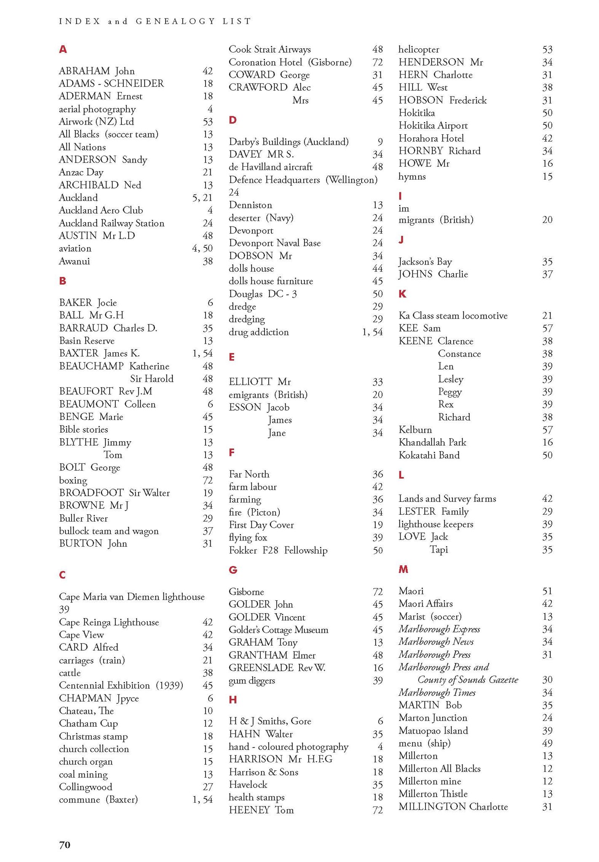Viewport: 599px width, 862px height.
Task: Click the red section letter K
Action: coord(402,294)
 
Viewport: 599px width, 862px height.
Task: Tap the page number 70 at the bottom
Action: coord(64,845)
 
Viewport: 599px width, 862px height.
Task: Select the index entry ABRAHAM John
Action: coord(96,71)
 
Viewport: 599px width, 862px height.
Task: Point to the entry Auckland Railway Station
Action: coord(111,223)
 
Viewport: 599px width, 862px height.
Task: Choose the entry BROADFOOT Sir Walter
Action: coord(114,493)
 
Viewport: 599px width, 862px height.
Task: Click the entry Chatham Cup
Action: coord(88,724)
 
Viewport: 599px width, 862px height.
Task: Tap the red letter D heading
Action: coord(233,120)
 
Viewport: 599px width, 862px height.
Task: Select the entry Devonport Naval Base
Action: coord(275,243)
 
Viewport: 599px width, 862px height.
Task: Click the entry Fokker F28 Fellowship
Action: coord(278,551)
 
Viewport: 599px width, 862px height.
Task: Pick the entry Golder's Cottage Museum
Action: coord(278,630)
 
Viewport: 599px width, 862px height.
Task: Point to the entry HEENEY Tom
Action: coord(261,810)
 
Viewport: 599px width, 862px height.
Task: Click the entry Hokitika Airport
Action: coord(433,125)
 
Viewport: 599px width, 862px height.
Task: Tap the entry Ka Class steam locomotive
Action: coord(453,316)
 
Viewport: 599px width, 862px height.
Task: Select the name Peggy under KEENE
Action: coord(450,392)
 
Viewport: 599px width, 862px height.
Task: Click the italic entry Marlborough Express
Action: coord(439,629)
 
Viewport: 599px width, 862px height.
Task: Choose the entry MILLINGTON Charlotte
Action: coord(453,807)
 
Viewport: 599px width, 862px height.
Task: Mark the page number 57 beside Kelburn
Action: coord(547,430)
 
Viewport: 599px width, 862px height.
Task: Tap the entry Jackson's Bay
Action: coord(425,262)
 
